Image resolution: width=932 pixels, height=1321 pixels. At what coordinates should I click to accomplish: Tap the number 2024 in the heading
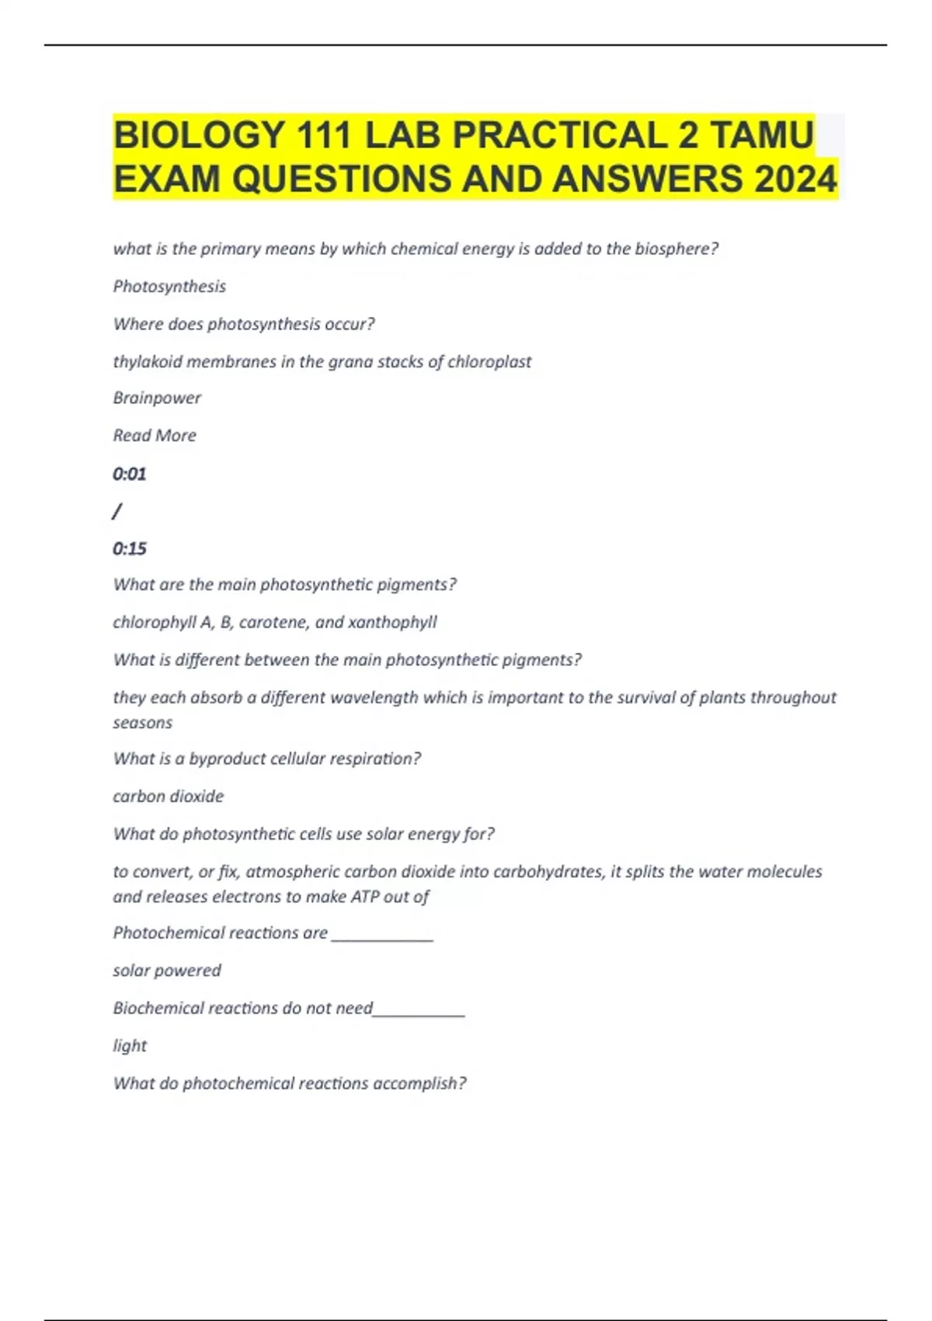(x=795, y=180)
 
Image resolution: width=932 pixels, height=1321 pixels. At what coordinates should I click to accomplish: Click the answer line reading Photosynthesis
(x=169, y=287)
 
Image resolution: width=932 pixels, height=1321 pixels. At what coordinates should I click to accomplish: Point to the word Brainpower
(x=157, y=398)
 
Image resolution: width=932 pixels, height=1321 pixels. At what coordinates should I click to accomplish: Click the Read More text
(x=155, y=435)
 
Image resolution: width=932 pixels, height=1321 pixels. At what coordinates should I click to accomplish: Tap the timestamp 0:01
(x=129, y=473)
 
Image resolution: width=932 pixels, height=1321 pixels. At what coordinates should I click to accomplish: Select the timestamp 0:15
(x=129, y=549)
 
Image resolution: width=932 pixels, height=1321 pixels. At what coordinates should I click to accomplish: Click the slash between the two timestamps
(x=117, y=511)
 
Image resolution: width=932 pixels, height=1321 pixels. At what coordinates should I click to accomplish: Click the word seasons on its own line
(x=143, y=723)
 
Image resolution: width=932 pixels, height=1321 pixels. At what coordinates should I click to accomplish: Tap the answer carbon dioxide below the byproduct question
(x=169, y=796)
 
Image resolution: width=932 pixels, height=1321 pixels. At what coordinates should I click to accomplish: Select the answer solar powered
(x=167, y=971)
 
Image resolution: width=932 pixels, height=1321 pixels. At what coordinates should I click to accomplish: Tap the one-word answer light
(x=130, y=1046)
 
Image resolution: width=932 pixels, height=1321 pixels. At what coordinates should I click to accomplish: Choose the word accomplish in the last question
(x=419, y=1083)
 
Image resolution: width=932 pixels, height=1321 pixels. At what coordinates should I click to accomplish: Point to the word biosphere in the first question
(x=676, y=249)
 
